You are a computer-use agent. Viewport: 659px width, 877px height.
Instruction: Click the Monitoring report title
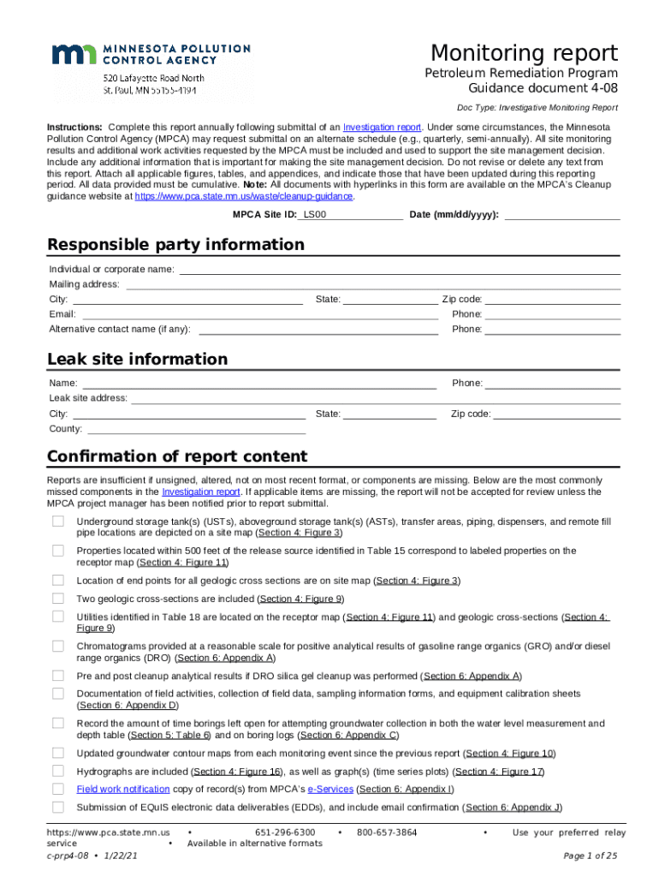524,52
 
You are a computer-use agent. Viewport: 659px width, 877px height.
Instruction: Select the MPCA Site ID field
351,214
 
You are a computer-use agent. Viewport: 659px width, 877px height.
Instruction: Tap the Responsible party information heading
175,245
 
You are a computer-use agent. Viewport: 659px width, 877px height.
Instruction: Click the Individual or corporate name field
399,269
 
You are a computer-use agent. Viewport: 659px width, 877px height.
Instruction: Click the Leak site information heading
137,359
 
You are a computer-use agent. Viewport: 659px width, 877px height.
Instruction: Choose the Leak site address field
375,398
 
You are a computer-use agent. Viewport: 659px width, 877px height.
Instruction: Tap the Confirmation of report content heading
177,456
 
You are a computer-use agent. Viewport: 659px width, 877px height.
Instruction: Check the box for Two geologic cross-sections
58,599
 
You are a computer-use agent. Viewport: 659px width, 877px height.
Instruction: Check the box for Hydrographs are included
58,771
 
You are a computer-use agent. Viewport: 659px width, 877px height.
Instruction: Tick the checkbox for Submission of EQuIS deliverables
58,807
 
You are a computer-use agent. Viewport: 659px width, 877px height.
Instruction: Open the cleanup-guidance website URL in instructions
244,196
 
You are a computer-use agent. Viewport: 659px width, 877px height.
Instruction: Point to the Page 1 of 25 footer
591,856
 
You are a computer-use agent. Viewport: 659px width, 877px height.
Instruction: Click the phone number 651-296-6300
285,832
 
